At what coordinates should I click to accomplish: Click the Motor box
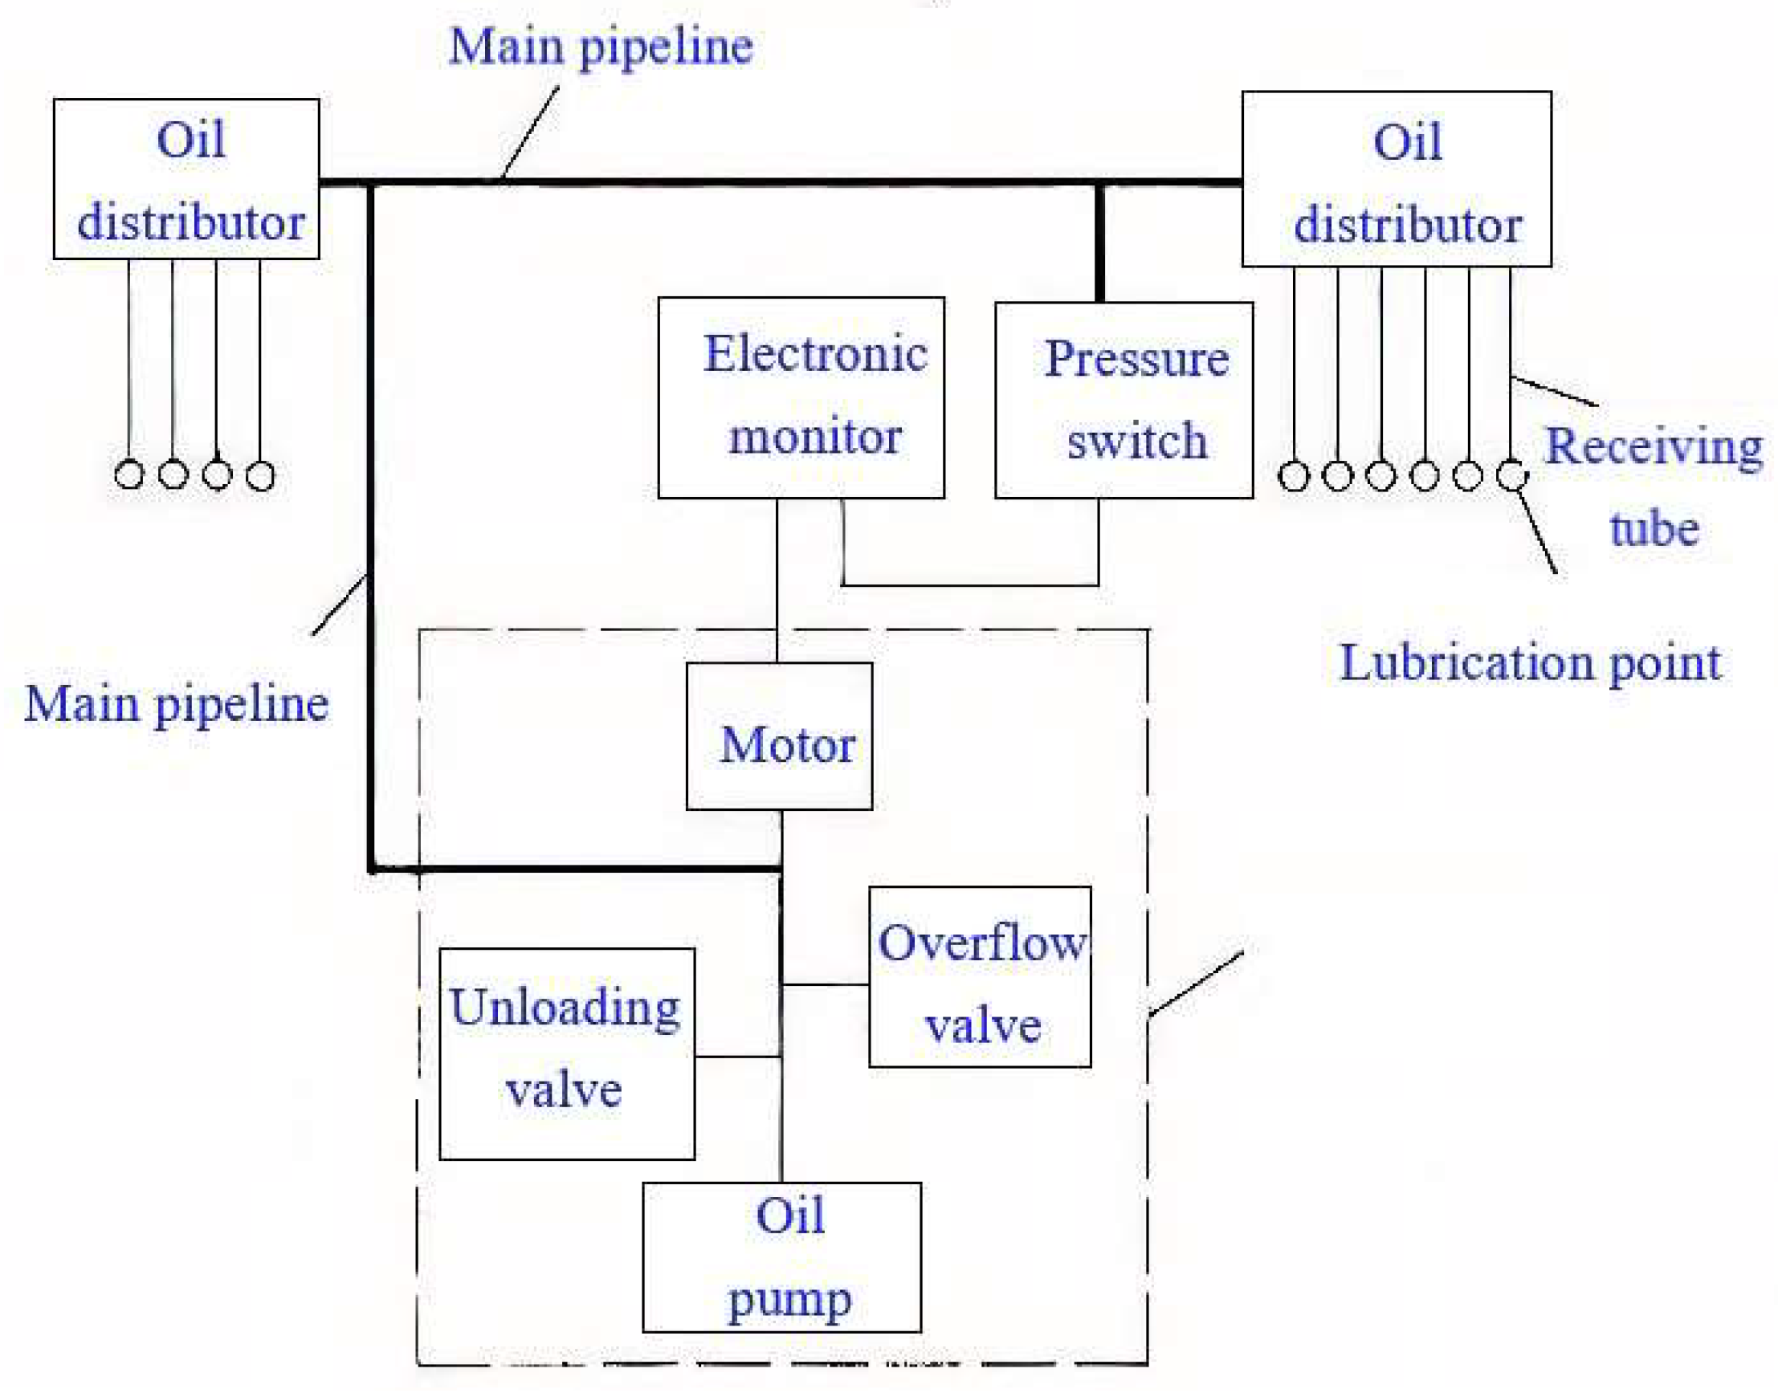779,735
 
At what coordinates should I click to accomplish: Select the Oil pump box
781,1257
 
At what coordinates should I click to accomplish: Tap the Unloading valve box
567,1053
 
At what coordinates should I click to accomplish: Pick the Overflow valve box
980,976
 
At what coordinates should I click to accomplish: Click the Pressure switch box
1123,400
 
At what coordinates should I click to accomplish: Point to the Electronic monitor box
801,397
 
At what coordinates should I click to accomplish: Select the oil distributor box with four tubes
186,179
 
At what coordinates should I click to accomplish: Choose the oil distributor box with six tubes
1396,178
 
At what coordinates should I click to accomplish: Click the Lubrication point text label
1530,662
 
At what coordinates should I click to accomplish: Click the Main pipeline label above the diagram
600,47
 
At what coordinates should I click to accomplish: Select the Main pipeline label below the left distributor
176,704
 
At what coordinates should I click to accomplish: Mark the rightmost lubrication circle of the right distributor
1511,475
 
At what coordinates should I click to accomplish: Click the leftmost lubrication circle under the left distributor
128,474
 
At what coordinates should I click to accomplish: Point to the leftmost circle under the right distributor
1294,475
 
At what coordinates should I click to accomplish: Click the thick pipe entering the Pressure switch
1099,245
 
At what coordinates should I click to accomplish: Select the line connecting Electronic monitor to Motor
777,579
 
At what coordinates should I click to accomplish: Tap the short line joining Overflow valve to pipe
825,984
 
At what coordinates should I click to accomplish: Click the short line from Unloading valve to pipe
737,1057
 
